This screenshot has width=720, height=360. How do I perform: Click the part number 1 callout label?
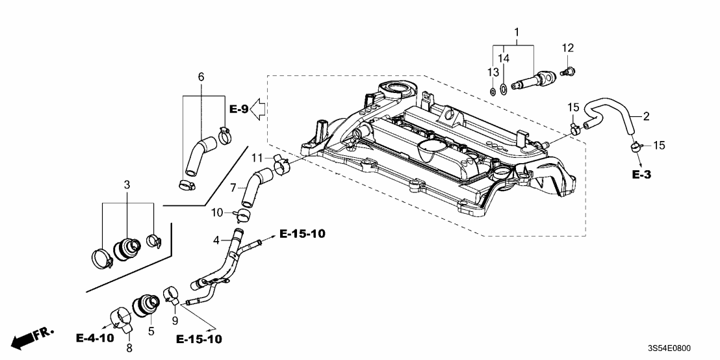[517, 32]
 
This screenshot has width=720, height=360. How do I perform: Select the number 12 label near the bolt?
[568, 47]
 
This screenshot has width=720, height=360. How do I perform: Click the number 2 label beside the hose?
[646, 116]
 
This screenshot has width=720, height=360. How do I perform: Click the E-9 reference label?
[238, 109]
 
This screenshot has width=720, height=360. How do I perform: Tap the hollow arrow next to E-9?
[259, 109]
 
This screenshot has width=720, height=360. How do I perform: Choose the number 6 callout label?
[201, 77]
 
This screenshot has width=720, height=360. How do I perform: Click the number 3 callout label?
[127, 185]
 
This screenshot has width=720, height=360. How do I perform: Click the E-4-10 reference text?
[95, 338]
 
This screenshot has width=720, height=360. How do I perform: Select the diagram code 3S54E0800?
[678, 349]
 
